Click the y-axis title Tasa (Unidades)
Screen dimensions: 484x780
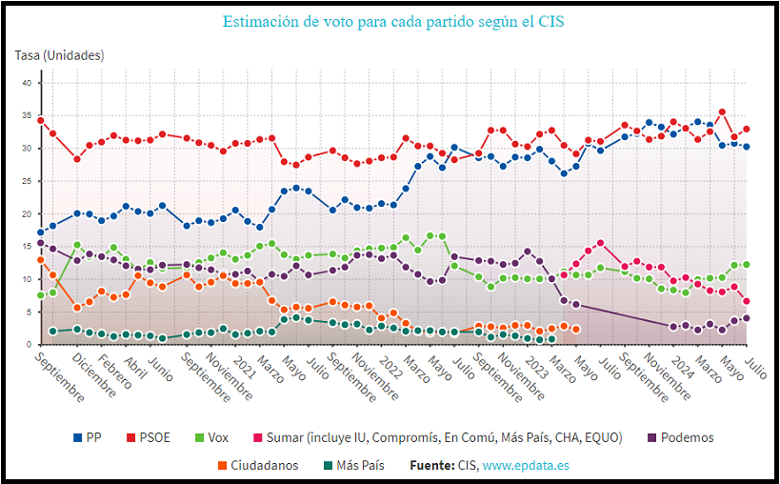59,56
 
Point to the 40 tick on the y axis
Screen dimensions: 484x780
28,84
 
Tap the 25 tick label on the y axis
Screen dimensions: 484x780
28,182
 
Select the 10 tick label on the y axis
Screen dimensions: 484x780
28,280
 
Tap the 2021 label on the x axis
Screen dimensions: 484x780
243,361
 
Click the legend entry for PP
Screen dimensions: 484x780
88,438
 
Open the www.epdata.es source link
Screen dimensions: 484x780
526,466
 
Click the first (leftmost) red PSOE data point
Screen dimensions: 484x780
41,120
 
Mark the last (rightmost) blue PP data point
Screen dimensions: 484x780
747,147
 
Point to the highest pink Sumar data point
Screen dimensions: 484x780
600,243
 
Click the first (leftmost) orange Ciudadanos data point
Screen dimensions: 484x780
41,259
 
